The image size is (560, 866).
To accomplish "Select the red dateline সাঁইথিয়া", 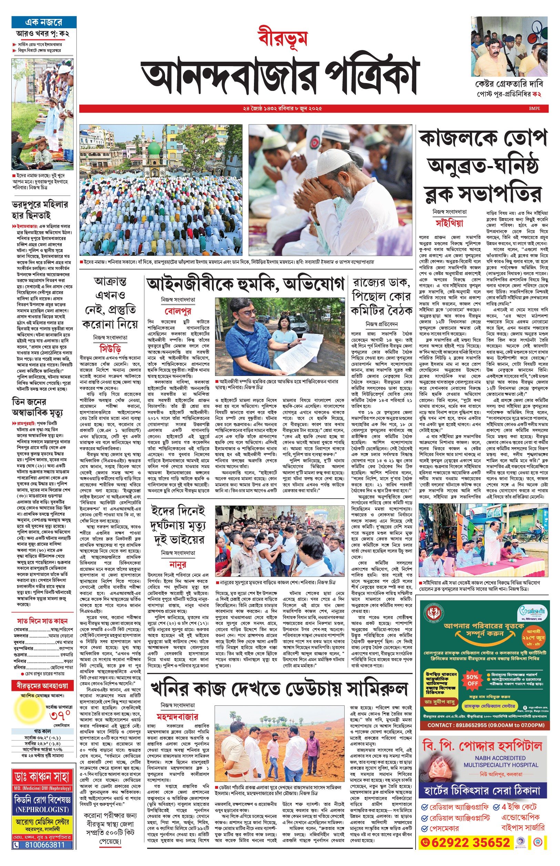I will click(x=449, y=223).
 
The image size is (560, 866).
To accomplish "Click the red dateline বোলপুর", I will click(x=178, y=311).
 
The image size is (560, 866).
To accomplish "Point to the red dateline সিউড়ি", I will click(x=110, y=349).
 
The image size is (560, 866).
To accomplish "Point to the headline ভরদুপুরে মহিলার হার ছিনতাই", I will click(x=40, y=210).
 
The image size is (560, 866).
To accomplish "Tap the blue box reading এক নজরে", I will click(x=44, y=22).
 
